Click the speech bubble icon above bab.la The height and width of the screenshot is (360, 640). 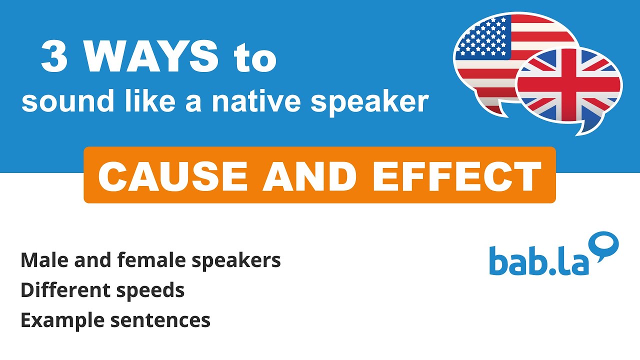coord(605,245)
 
